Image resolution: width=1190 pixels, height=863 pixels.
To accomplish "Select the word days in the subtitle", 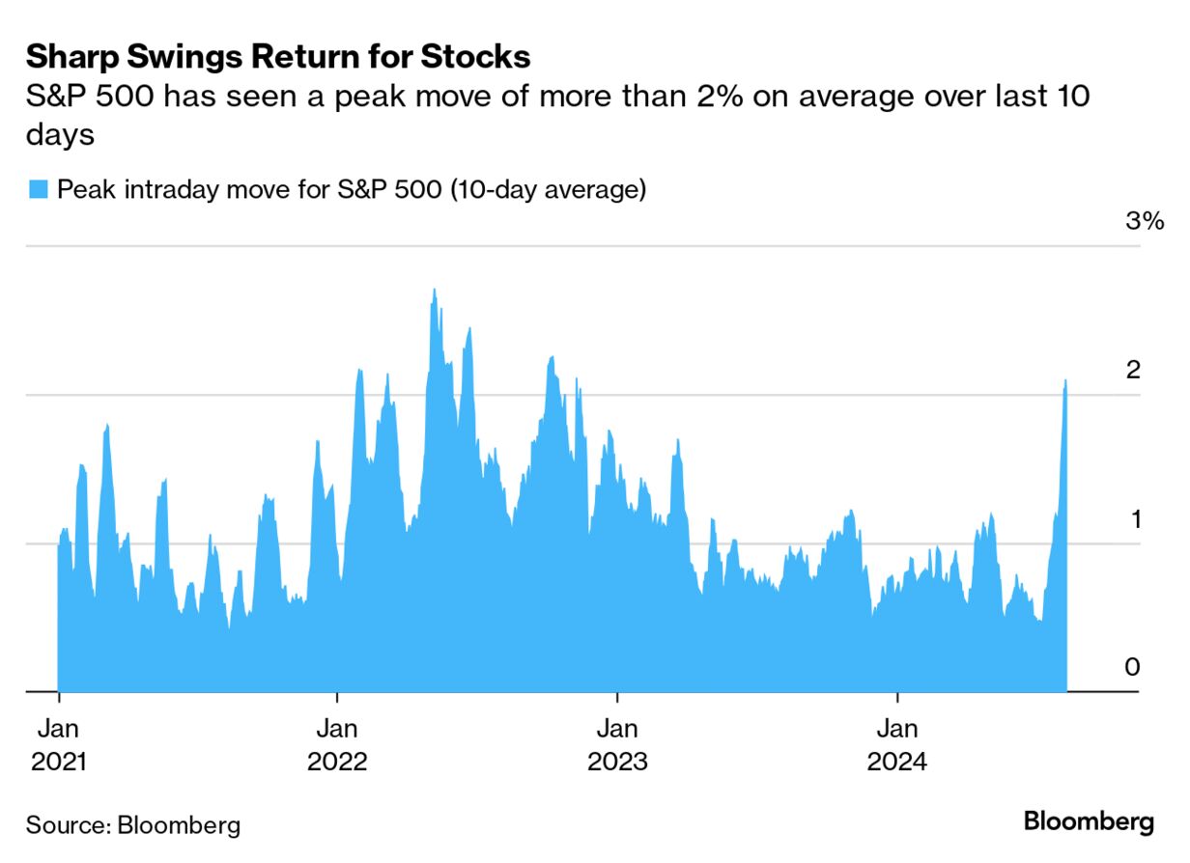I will pos(59,135).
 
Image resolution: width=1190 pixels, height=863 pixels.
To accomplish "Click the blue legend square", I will pos(38,189).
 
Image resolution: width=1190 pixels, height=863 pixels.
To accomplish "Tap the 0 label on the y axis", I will pos(1132,667).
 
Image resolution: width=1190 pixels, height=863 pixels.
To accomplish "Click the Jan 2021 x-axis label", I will pos(59,743).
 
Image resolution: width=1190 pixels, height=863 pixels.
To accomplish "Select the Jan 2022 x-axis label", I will pos(337,743).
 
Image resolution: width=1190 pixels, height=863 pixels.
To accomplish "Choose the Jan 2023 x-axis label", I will pos(617,743).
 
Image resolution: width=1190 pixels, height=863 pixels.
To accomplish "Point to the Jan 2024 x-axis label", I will pos(897,743).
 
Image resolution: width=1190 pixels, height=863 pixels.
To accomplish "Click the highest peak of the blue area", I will pos(435,290).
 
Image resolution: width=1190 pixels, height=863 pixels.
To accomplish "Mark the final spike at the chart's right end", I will pos(1065,382).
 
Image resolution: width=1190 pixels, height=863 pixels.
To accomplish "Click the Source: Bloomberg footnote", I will pos(132,825).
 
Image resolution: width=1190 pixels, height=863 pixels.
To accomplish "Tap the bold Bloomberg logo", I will pos(1089,822).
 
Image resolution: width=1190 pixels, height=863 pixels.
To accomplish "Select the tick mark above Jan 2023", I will pos(617,697).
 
